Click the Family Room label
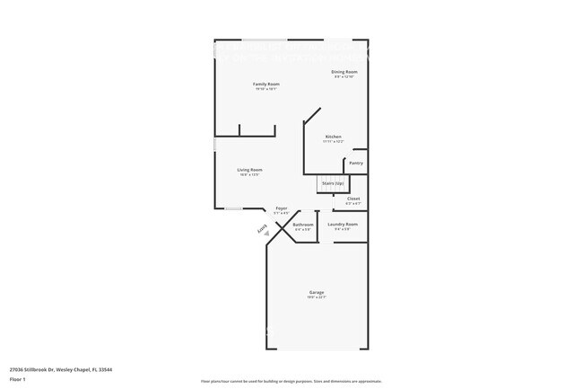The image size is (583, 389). point(266,84)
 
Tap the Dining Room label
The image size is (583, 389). point(344,72)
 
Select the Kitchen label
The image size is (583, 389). point(333,137)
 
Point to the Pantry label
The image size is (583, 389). point(356,163)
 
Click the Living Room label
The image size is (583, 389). point(249,169)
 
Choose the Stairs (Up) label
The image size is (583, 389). point(333,182)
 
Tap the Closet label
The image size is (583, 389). point(353,199)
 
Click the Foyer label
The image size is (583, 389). point(281,208)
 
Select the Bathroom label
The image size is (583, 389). point(303,225)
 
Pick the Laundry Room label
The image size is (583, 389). point(343,224)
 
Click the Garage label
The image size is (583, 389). point(317,293)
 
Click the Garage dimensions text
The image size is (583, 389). point(317,298)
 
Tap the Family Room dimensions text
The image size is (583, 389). point(266,89)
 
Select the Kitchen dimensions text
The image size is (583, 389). point(333,142)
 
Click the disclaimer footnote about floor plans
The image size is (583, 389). point(291,381)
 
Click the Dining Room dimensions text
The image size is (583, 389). point(344,77)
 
